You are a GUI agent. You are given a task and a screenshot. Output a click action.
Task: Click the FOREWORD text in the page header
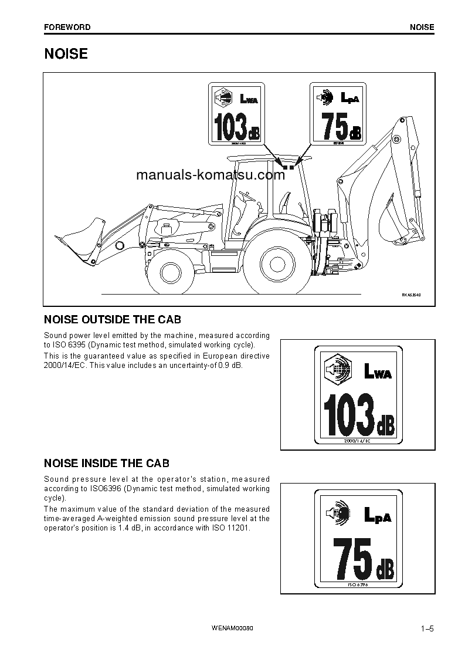click(x=67, y=27)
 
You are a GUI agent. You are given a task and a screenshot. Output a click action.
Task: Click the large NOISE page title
click(x=66, y=54)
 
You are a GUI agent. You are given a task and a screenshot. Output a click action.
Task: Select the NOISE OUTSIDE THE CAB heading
click(x=113, y=320)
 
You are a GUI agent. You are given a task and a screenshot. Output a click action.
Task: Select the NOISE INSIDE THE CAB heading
click(x=107, y=464)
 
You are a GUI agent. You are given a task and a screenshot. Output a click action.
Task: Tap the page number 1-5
click(x=426, y=630)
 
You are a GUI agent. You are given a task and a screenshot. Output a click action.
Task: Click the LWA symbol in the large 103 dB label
click(x=377, y=371)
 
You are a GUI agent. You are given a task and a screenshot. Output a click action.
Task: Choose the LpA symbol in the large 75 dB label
click(x=377, y=515)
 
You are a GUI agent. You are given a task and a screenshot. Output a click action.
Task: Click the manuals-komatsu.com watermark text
click(x=210, y=175)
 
